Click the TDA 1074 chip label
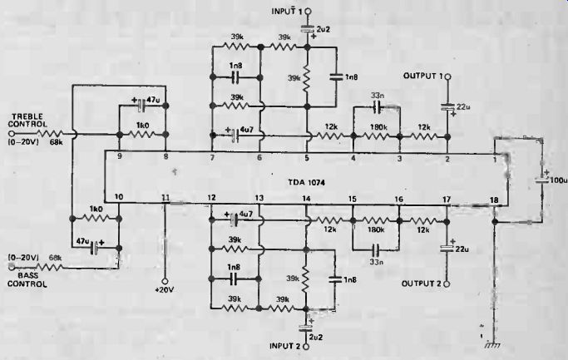[307, 183]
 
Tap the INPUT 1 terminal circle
[308, 12]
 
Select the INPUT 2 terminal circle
[306, 347]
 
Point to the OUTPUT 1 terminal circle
[447, 76]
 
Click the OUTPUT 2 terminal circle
[447, 284]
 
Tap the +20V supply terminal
[165, 281]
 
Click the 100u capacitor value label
[559, 180]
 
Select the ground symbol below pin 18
[493, 345]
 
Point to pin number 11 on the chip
[165, 197]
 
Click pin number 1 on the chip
[495, 158]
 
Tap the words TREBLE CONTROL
[27, 121]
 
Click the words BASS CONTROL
[27, 280]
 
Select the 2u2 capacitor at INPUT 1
[308, 28]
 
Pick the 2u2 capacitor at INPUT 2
[306, 328]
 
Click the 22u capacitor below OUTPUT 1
[447, 106]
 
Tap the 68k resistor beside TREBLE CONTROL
[51, 134]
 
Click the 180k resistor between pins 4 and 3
[377, 136]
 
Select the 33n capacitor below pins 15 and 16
[376, 249]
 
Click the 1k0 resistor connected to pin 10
[96, 219]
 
